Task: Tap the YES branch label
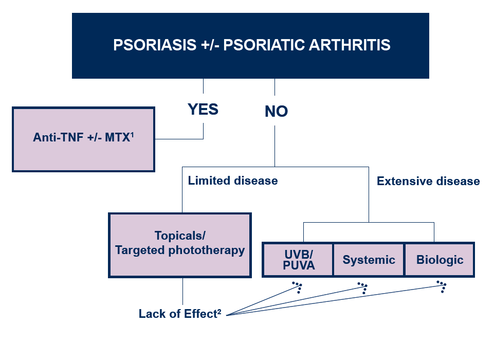(x=203, y=110)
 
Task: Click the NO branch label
(x=276, y=112)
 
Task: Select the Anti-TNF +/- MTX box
(x=83, y=139)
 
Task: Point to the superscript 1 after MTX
(x=132, y=135)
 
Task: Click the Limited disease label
(x=232, y=181)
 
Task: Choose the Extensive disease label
(x=428, y=181)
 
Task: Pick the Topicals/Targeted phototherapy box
(x=179, y=245)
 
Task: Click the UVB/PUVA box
(x=298, y=260)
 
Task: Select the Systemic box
(x=369, y=260)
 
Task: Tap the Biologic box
(x=440, y=260)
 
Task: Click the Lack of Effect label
(x=177, y=314)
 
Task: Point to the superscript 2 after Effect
(x=219, y=311)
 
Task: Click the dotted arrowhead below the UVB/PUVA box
(x=298, y=287)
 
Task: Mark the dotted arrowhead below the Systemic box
(x=363, y=287)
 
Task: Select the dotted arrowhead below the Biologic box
(x=442, y=286)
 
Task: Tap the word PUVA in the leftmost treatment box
(x=298, y=266)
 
